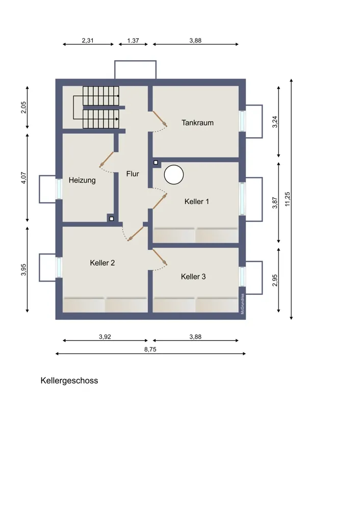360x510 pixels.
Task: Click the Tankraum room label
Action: coord(197,122)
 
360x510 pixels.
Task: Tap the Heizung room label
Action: coord(82,180)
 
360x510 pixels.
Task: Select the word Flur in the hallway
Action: coord(133,174)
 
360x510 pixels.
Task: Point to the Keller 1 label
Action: coord(196,201)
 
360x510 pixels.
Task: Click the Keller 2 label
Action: coord(102,263)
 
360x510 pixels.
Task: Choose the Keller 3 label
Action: coord(193,276)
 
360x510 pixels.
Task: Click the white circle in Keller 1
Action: coord(174,175)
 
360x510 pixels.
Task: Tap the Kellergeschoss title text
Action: coord(69,380)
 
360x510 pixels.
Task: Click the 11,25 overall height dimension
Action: coord(288,199)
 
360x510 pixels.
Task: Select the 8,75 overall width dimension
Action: coord(150,349)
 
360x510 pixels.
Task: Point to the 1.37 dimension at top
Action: coord(133,41)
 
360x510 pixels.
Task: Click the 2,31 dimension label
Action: coord(88,41)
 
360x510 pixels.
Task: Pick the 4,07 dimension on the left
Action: coord(23,178)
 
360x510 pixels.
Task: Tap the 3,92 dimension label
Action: coord(105,337)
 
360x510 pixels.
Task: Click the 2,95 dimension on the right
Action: coord(275,280)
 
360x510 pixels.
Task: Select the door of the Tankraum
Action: coord(160,119)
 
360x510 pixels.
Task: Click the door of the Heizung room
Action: coord(107,160)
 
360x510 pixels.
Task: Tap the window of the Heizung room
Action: coord(59,189)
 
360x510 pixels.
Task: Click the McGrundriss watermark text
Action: coord(243,304)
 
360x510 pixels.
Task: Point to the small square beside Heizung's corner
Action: coord(112,219)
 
